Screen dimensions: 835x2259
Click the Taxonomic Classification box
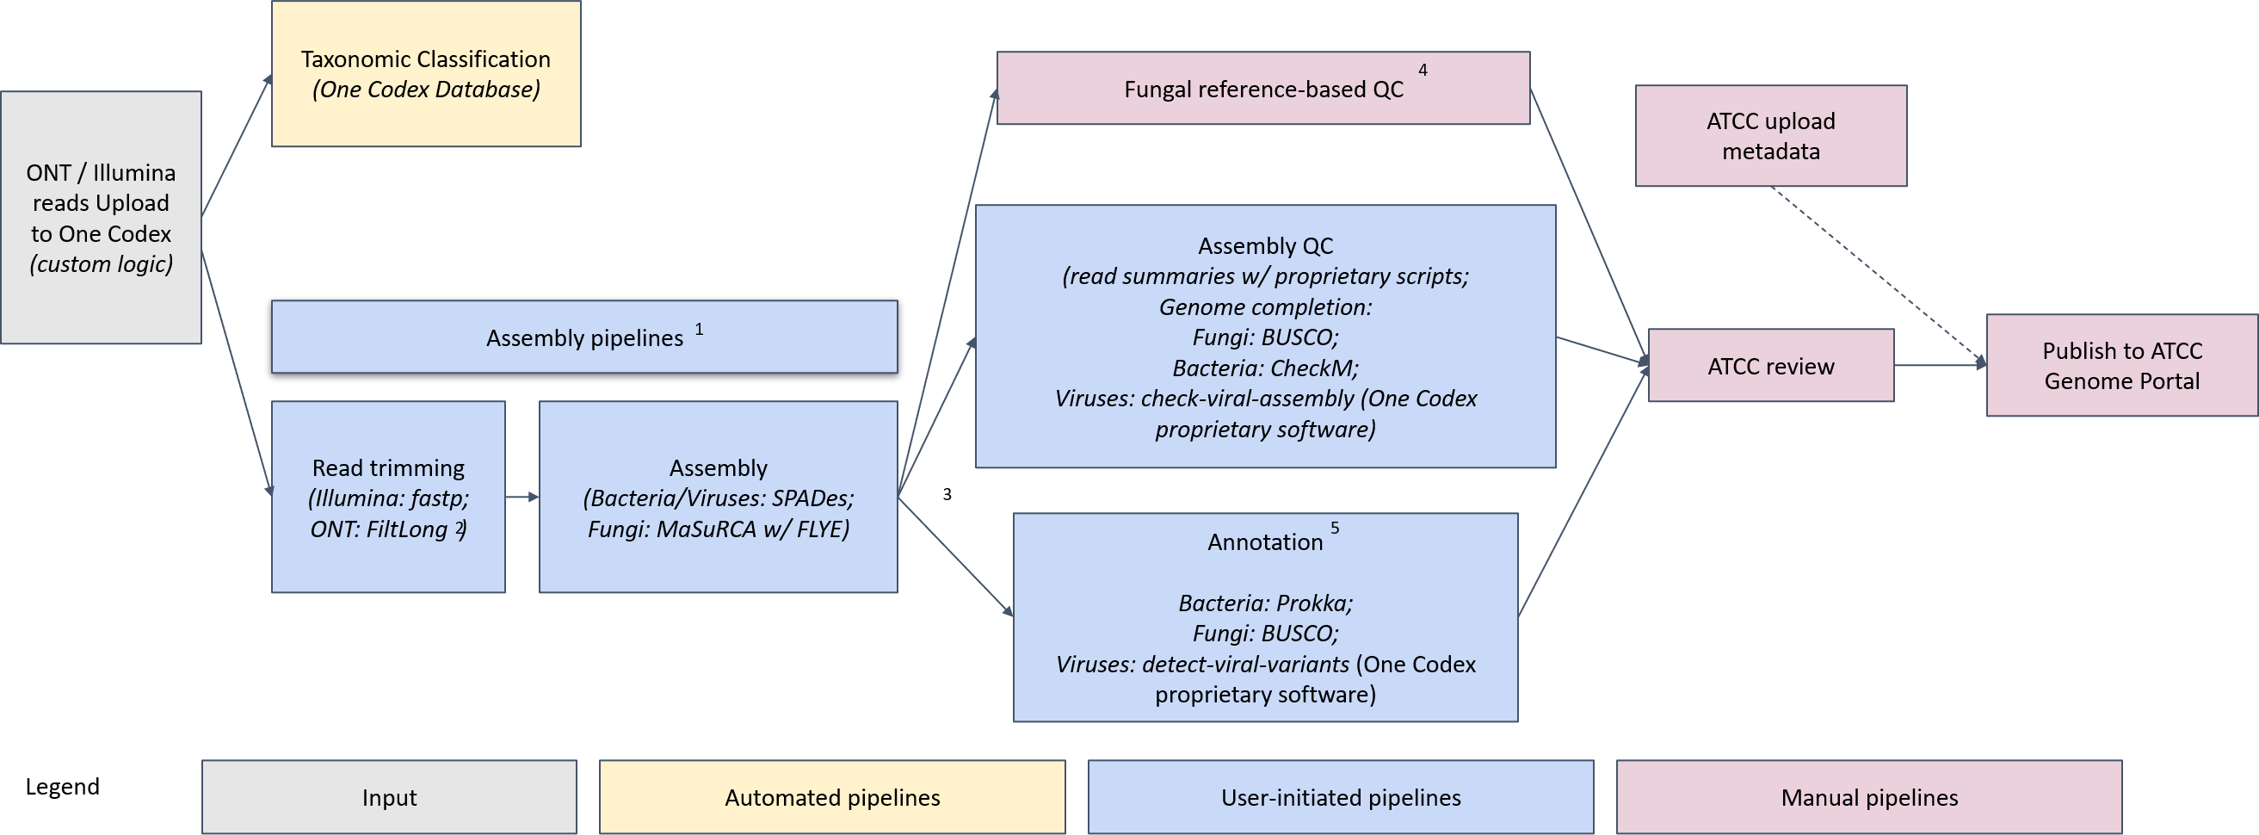point(425,74)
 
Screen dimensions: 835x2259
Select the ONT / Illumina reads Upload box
point(101,218)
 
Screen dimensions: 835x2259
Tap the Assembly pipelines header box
point(584,337)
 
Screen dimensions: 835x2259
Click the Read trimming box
point(388,498)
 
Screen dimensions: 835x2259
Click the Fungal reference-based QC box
point(1262,89)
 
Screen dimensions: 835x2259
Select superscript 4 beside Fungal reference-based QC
point(1423,71)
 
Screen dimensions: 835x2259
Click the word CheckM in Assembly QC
point(1312,368)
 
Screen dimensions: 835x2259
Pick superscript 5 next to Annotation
point(1335,528)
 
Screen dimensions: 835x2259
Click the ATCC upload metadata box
point(1770,136)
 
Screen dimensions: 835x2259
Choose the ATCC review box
point(1770,367)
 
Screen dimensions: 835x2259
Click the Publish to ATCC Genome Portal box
point(2121,366)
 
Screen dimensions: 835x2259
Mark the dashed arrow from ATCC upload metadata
point(1877,275)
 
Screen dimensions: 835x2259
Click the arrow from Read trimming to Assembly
point(522,498)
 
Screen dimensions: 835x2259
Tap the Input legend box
point(389,797)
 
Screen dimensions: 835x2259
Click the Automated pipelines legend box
point(832,797)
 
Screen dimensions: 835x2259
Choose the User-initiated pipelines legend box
point(1340,797)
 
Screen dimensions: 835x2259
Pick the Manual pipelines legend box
point(1869,797)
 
